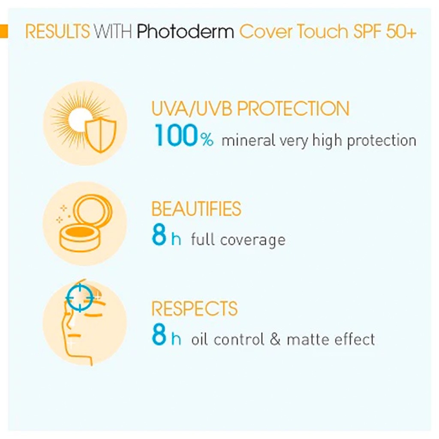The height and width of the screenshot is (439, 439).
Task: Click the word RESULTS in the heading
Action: (57, 32)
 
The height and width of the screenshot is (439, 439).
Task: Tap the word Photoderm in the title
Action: (186, 32)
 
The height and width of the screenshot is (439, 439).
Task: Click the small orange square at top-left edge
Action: (4, 31)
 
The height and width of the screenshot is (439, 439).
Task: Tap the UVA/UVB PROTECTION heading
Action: (250, 109)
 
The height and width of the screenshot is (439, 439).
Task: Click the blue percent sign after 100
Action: (206, 139)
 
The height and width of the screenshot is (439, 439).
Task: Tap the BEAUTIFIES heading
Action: (196, 209)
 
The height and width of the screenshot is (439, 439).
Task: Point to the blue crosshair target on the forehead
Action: (80, 296)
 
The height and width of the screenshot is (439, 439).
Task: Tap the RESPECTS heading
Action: (194, 309)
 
